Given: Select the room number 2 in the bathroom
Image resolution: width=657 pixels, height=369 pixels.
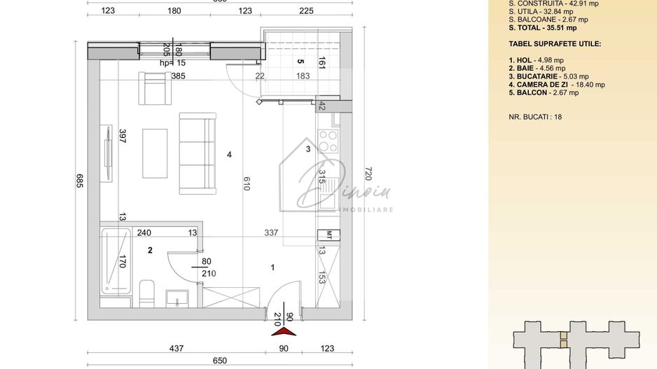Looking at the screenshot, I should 149,249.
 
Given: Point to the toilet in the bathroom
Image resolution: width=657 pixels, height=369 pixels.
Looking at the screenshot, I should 147,292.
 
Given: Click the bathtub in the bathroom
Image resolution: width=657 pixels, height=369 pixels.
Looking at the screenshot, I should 115,260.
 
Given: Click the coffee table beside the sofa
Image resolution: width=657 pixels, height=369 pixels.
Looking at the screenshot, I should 155,154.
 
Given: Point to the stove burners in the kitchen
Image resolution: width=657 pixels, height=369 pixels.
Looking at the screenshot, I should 327,140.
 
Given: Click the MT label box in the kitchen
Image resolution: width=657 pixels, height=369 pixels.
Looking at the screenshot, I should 327,234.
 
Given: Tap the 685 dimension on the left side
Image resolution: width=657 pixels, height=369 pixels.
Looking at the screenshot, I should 79,183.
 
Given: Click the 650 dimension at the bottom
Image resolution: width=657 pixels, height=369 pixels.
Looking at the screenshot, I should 219,361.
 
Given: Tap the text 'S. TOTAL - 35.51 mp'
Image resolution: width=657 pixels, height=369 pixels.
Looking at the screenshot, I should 543,28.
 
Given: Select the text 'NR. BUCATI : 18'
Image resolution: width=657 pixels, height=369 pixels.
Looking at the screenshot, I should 535,117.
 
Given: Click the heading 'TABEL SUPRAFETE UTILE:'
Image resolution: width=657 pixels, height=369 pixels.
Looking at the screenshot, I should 555,43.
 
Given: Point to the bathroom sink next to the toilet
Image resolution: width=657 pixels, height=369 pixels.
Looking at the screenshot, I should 174,298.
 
